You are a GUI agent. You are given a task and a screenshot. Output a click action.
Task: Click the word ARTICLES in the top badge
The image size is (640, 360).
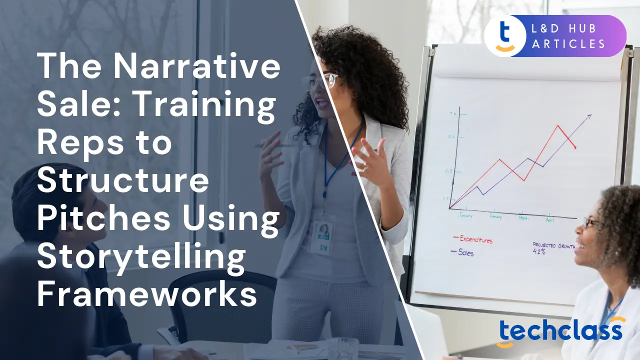point(569,44)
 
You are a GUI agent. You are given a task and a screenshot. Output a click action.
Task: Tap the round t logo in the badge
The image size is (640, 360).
point(504,35)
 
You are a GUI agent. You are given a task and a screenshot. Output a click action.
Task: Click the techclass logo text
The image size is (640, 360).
point(559,331)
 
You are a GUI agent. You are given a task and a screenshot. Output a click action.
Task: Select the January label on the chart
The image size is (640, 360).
point(465,215)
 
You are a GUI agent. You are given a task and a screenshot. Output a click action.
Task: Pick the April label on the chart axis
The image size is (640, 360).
point(549,219)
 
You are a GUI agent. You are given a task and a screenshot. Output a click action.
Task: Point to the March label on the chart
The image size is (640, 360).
point(523,218)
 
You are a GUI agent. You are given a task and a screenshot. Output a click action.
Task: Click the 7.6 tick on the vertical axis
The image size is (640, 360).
point(452,114)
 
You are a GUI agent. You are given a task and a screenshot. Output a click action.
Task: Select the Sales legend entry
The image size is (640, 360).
point(465,252)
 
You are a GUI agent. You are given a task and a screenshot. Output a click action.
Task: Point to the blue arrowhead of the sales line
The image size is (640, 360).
point(589,116)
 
